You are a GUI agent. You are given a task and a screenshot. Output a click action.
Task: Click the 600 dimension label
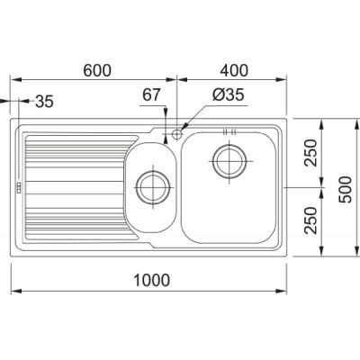pyautogui.click(x=97, y=70)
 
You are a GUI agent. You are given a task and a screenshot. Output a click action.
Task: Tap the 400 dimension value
pyautogui.click(x=234, y=70)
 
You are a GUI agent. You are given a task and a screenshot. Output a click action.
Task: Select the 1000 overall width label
pyautogui.click(x=151, y=280)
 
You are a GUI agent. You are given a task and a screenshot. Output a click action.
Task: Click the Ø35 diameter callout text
pyautogui.click(x=229, y=94)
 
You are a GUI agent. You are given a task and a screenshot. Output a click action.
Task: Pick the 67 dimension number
pyautogui.click(x=151, y=94)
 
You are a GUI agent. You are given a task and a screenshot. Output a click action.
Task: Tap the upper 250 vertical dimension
pyautogui.click(x=310, y=153)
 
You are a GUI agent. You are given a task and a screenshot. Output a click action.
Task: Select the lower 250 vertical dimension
pyautogui.click(x=310, y=220)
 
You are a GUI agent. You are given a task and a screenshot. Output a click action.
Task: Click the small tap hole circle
pyautogui.click(x=177, y=133)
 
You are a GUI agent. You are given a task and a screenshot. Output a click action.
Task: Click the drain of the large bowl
pyautogui.click(x=229, y=161)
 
